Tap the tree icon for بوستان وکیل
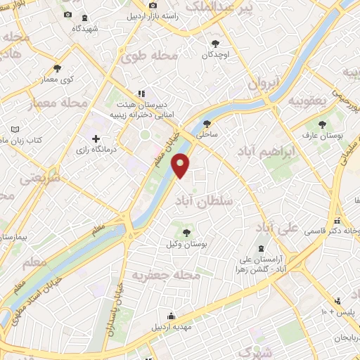[x=188, y=233]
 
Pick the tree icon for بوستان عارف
[x=322, y=124]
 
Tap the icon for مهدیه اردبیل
[x=169, y=316]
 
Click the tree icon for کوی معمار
[x=57, y=69]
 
